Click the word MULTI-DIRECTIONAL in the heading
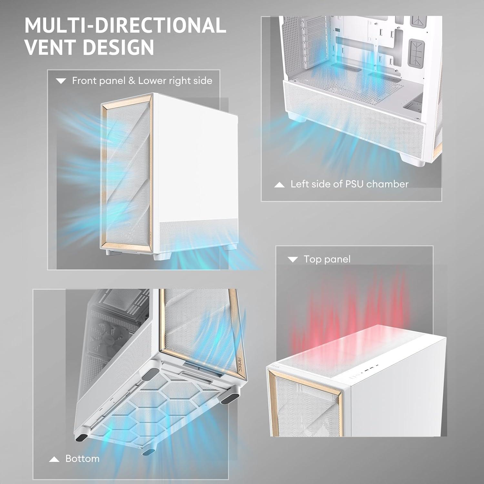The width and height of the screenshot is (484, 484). coord(125,25)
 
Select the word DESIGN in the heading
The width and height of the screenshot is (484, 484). coord(119,47)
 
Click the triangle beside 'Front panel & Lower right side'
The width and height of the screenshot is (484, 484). coord(61,81)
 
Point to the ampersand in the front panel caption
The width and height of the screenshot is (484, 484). coord(132,81)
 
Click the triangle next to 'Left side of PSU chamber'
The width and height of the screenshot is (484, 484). coord(279,185)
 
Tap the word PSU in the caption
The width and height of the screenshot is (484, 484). coord(354,184)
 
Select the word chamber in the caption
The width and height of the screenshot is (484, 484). coord(388,184)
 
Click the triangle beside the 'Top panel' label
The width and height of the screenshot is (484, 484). coord(293,259)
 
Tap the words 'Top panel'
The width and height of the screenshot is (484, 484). coord(327,259)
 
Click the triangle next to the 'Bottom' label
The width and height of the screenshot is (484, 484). coord(54,459)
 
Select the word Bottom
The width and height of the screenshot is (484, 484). coord(82,459)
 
